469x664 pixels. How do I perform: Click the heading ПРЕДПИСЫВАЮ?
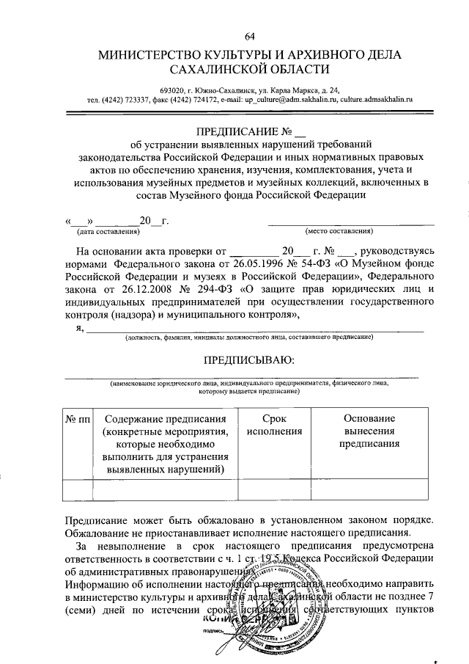(x=249, y=360)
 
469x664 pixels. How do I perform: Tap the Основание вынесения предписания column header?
(x=369, y=431)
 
